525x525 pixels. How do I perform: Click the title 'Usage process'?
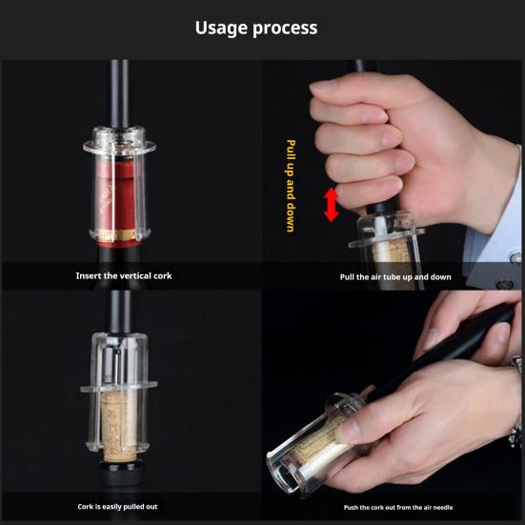point(256,28)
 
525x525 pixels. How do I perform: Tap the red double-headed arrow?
point(332,205)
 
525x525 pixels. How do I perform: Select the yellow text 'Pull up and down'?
point(291,186)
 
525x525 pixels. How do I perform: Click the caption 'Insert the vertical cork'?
point(124,276)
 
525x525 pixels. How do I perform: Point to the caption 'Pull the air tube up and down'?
point(395,277)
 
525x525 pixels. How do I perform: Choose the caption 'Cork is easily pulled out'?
point(117,507)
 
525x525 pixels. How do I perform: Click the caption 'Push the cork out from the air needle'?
point(398,507)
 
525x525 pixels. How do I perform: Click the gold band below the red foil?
point(117,235)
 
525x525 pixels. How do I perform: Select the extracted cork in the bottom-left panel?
point(119,427)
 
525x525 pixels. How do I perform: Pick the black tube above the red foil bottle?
point(119,93)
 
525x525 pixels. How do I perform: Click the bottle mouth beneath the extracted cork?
point(118,466)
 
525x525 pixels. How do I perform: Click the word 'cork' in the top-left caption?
point(162,276)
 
